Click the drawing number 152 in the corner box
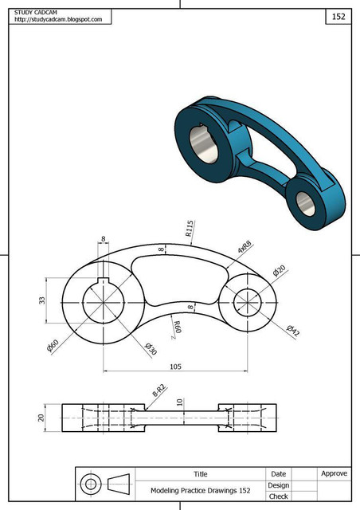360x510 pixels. point(338,16)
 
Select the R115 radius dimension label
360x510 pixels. point(190,229)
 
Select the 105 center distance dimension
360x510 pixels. point(176,367)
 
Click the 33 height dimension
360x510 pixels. point(41,301)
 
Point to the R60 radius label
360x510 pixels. point(178,327)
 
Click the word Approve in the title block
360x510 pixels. point(334,473)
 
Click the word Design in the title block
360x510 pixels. point(278,484)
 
